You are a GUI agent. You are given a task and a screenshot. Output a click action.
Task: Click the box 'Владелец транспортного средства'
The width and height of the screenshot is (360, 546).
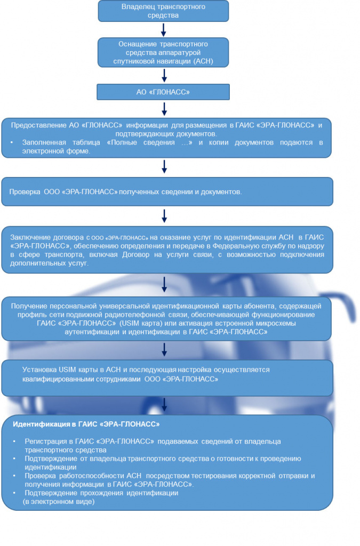(x=163, y=11)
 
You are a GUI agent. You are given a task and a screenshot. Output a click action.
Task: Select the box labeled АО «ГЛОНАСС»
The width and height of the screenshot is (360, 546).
(x=163, y=92)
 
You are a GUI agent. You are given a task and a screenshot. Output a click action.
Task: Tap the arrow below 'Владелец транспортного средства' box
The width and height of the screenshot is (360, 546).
(x=163, y=30)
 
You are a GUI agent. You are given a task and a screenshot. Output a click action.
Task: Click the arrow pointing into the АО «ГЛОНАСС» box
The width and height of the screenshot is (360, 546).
(x=164, y=75)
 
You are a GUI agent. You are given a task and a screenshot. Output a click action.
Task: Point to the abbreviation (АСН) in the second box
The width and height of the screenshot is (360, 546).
(x=203, y=61)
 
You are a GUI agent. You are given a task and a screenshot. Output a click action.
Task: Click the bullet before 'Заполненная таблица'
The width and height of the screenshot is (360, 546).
(x=12, y=143)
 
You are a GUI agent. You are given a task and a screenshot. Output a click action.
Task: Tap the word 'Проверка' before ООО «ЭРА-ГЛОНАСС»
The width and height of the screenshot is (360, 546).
(x=25, y=192)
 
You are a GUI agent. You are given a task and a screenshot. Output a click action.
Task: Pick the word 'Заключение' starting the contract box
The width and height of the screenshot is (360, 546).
(x=30, y=237)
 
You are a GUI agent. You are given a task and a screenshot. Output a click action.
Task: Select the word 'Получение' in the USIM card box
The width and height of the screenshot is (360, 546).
(x=29, y=306)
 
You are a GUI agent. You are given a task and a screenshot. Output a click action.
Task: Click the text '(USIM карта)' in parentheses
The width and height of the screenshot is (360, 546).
(x=141, y=323)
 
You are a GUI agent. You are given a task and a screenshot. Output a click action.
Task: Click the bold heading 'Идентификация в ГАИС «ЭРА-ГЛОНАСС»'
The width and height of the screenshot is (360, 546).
(x=86, y=424)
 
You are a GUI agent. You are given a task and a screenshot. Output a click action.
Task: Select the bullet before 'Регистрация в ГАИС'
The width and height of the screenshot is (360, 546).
(x=14, y=441)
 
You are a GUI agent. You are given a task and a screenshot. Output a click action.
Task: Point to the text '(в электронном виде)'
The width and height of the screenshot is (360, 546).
(x=59, y=502)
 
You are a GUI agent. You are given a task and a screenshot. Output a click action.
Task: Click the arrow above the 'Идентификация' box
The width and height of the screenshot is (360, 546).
(x=164, y=405)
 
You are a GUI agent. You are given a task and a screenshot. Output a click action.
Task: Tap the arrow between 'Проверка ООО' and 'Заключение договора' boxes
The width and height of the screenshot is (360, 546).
(x=164, y=216)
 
